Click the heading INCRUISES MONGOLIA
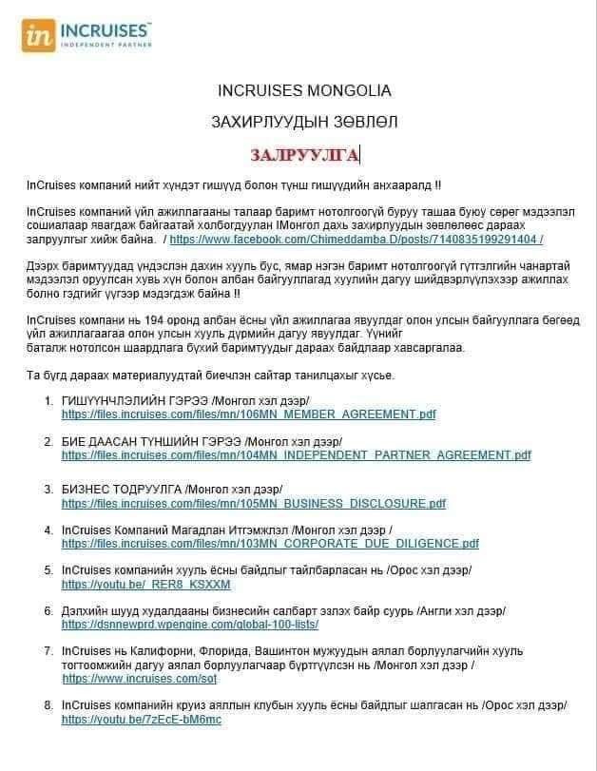pyautogui.click(x=304, y=91)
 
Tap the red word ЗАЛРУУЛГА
pyautogui.click(x=304, y=155)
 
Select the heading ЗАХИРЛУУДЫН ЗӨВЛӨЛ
pyautogui.click(x=304, y=122)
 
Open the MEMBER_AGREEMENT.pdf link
pyautogui.click(x=249, y=414)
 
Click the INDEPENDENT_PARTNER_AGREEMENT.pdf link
pyautogui.click(x=297, y=454)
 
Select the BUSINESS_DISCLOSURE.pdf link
pyautogui.click(x=254, y=504)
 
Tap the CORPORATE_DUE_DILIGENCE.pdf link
pyautogui.click(x=270, y=544)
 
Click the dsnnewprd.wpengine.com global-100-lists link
pyautogui.click(x=190, y=625)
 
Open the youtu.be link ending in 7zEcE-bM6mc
pyautogui.click(x=142, y=720)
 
